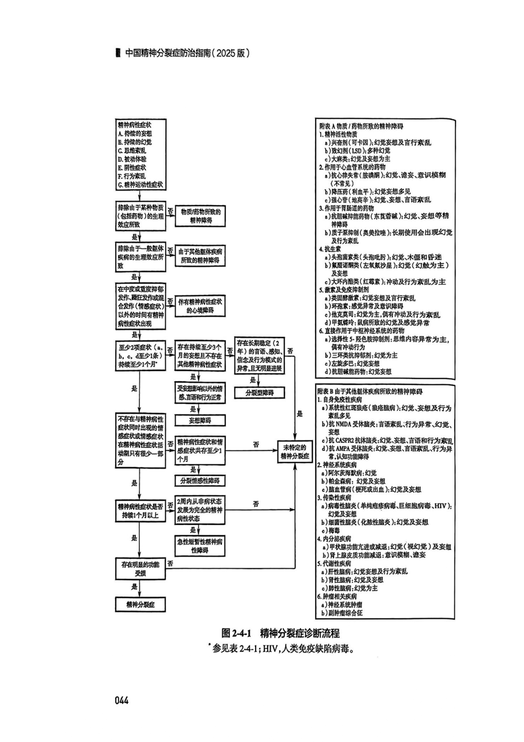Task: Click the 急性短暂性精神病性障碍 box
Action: [x=199, y=546]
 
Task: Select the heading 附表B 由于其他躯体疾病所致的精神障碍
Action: [x=369, y=392]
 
